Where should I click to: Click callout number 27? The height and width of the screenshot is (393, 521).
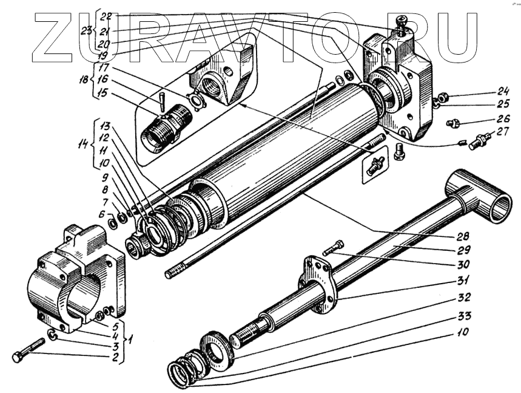[503, 132]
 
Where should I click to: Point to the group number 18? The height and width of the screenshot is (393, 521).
[84, 78]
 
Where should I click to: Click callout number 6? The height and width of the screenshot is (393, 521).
[101, 214]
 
